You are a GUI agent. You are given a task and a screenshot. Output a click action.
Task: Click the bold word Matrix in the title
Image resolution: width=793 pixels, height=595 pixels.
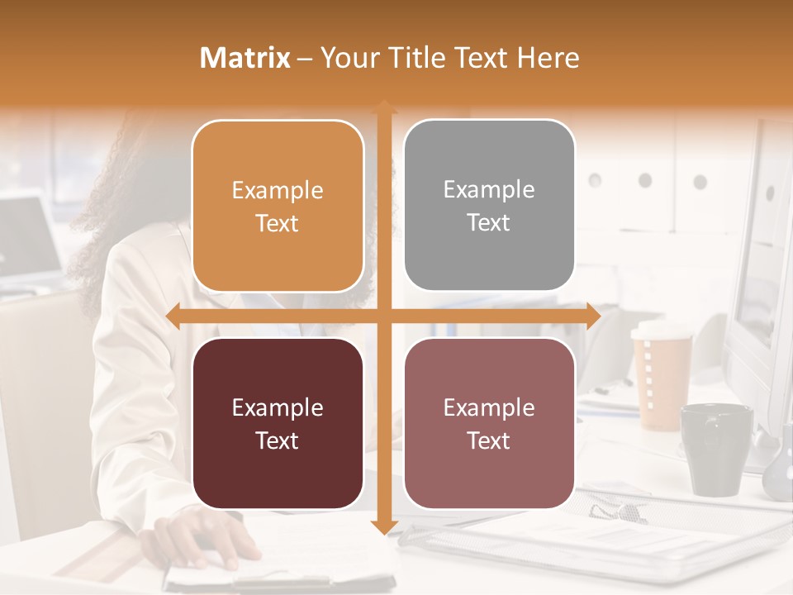(245, 58)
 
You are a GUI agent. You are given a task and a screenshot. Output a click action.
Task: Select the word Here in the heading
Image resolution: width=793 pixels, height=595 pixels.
(548, 58)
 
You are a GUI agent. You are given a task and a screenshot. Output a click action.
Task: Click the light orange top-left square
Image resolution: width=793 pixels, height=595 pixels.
(278, 206)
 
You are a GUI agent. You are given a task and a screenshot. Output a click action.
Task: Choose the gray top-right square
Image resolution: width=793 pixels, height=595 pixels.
(489, 205)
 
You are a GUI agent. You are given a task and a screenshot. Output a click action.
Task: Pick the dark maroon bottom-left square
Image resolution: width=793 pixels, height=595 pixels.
(278, 423)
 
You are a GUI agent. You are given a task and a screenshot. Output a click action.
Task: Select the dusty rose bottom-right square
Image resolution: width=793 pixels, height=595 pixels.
(489, 423)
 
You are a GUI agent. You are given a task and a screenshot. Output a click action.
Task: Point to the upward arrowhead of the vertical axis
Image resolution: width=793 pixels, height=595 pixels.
(383, 107)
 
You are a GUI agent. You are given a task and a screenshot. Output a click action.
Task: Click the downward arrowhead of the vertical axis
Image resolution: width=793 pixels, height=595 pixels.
(383, 526)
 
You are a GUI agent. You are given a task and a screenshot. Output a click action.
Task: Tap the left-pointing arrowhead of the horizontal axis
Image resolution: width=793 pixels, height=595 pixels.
(173, 317)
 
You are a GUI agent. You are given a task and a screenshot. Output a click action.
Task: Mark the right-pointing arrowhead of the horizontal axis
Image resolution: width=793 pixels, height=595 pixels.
(592, 317)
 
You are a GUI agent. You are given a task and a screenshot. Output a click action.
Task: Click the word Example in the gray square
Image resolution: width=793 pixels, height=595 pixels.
(489, 189)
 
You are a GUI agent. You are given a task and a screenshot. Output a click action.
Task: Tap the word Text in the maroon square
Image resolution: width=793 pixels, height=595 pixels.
(278, 440)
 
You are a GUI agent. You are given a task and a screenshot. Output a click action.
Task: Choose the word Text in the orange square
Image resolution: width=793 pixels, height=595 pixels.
(278, 223)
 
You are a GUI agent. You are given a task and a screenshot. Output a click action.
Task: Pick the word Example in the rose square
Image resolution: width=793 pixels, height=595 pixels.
(489, 407)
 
